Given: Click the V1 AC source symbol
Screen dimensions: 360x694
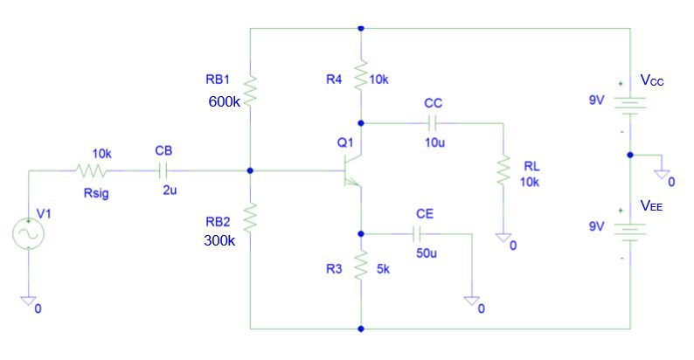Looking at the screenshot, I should (29, 234).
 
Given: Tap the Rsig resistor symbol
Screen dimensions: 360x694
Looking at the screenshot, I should (91, 171).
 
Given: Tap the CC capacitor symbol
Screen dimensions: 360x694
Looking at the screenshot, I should (433, 123).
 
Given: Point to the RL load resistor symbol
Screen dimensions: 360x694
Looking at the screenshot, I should (503, 172).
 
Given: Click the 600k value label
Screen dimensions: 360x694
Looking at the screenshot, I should (224, 101).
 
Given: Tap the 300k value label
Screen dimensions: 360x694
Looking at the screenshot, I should (220, 240).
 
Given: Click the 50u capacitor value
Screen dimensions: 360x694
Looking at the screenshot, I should (425, 253).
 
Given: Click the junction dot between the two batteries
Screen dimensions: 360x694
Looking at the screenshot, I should (630, 156).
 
